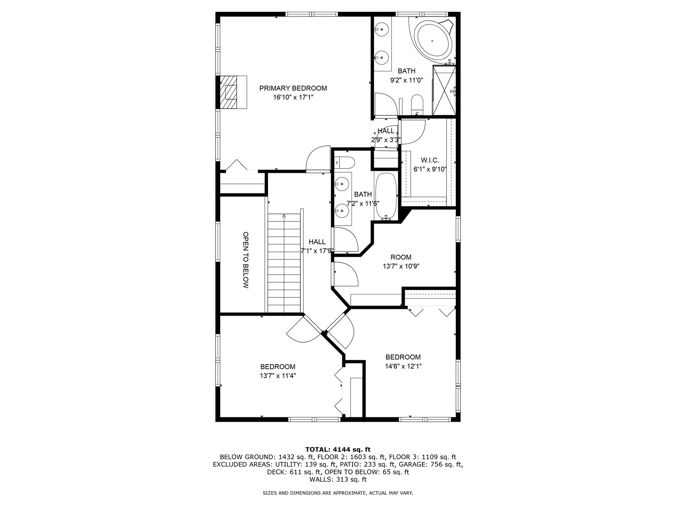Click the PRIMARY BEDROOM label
click(x=293, y=88)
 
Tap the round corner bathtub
click(x=432, y=41)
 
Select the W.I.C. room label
click(x=430, y=161)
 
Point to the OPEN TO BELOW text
click(x=245, y=260)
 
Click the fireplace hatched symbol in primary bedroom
click(x=228, y=92)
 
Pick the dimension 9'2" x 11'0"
click(x=406, y=80)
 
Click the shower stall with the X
click(x=444, y=90)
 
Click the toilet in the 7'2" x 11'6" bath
click(x=345, y=163)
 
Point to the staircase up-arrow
click(x=284, y=216)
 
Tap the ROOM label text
click(x=401, y=257)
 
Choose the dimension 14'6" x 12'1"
click(x=403, y=366)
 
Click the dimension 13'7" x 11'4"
click(x=278, y=376)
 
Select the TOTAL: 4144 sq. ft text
click(x=338, y=450)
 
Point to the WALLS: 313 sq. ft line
click(x=338, y=479)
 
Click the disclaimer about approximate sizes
click(x=338, y=493)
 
